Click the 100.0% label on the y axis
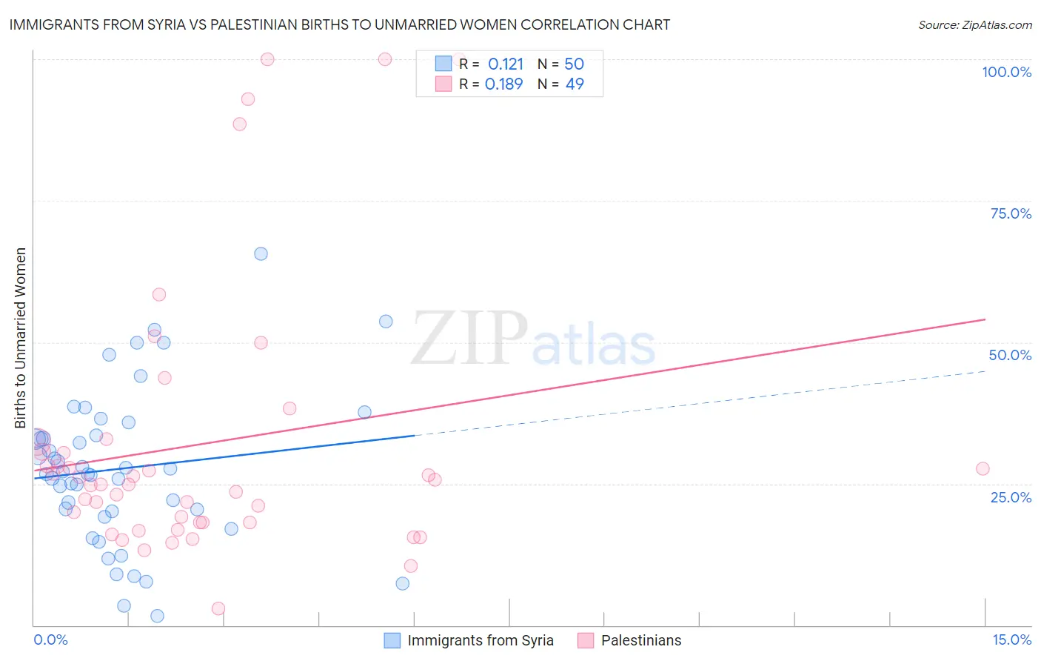point(1006,72)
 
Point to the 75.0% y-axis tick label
point(1011,213)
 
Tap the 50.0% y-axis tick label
point(1010,355)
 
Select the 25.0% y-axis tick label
point(1011,496)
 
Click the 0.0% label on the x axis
point(50,640)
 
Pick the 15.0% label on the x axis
point(1011,640)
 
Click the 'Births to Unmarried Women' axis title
point(20,338)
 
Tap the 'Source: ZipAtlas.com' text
point(974,24)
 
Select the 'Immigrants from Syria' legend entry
point(480,640)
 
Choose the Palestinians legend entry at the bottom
point(640,640)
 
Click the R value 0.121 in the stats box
point(505,64)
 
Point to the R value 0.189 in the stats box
point(503,84)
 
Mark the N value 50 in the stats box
point(574,64)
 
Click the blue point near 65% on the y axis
point(261,253)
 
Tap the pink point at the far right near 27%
point(983,468)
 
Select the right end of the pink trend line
point(985,319)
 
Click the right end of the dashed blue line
point(985,370)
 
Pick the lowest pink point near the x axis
point(218,608)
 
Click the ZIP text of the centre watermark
point(469,338)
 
